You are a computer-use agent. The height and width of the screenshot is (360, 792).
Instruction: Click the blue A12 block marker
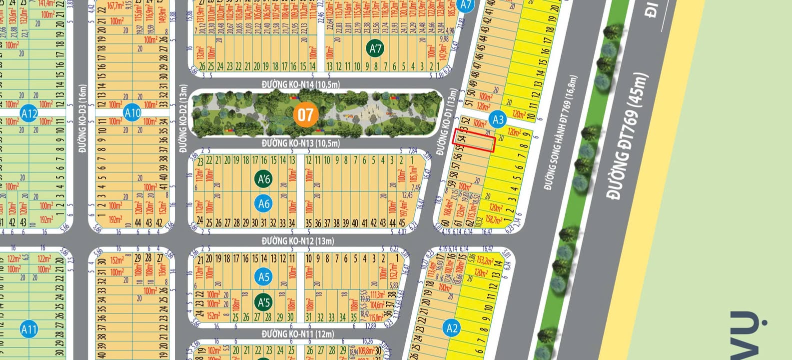pos(29,113)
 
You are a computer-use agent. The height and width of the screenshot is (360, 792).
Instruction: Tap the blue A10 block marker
pos(132,113)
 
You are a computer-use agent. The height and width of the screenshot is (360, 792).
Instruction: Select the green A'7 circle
pos(375,48)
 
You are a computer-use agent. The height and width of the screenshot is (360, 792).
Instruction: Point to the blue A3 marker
pos(498,119)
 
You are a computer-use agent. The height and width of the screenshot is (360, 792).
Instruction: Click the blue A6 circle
pos(264,203)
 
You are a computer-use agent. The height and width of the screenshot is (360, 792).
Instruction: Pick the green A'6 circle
pos(264,179)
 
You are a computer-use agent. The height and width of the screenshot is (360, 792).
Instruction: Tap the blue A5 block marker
pos(264,277)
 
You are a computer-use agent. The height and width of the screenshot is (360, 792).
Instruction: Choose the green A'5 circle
pos(264,302)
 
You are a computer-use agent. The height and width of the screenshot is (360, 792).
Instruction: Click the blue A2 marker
pos(452,328)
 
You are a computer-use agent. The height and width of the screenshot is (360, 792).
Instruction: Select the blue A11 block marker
pos(29,329)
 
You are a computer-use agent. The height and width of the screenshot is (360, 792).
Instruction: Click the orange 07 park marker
pos(305,115)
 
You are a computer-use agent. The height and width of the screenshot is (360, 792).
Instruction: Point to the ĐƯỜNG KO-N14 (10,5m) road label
pos(301,84)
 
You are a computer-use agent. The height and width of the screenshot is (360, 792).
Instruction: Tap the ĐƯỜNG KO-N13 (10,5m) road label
pos(301,143)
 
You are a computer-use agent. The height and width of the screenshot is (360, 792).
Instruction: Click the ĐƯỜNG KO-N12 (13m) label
pos(298,241)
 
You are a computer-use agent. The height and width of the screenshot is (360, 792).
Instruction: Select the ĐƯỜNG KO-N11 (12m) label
pos(298,333)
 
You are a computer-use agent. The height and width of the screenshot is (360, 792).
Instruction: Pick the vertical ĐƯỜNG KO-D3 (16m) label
pos(82,118)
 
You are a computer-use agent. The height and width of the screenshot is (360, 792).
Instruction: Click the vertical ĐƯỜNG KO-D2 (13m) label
pos(183,118)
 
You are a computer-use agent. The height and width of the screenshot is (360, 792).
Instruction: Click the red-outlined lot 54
pos(473,140)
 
